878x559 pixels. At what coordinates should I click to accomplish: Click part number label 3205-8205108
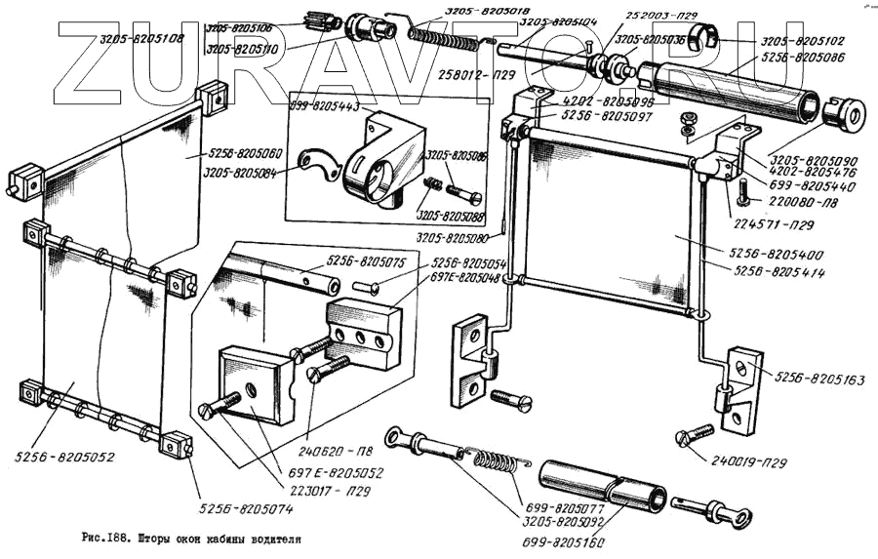click(x=141, y=41)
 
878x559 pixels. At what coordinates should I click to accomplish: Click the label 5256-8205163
click(x=818, y=379)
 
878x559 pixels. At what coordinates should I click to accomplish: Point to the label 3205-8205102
click(x=802, y=42)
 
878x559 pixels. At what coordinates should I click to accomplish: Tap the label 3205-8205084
click(x=240, y=174)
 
